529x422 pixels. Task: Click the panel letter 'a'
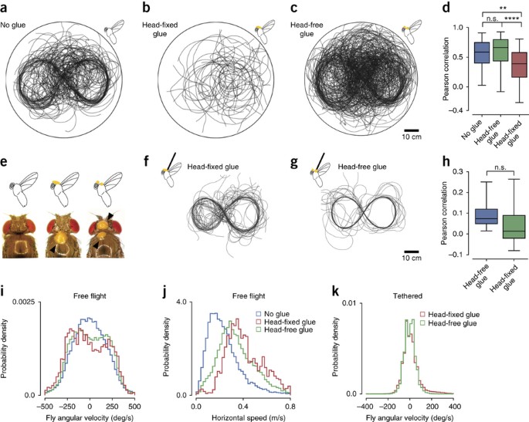click(x=5, y=8)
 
